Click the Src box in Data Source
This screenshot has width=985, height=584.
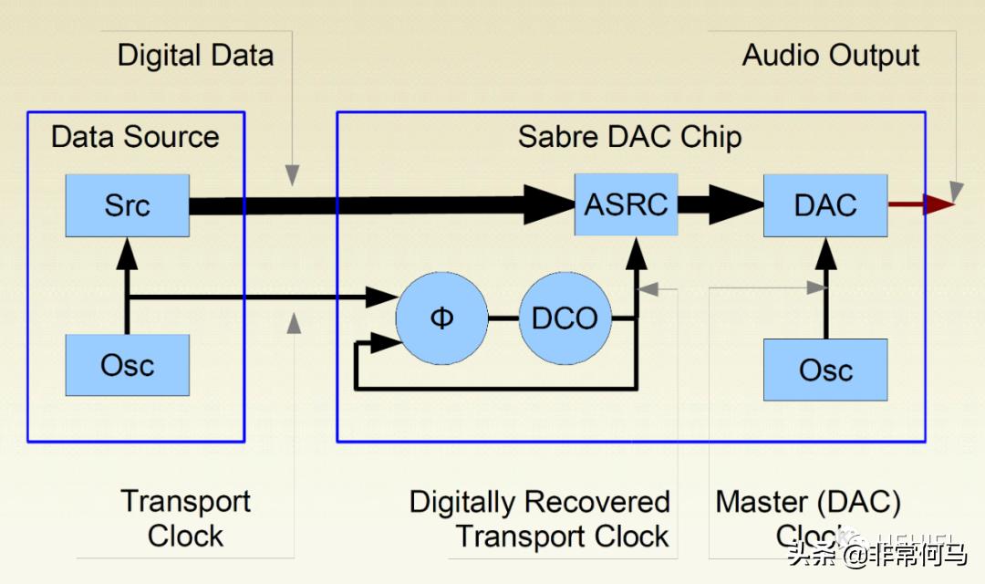pos(127,204)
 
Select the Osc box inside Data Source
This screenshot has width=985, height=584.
pos(127,365)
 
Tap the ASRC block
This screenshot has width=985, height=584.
pos(626,204)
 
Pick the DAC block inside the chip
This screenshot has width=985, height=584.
pos(824,204)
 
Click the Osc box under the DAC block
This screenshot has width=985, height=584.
pos(824,369)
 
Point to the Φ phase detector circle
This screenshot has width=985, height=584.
pos(441,318)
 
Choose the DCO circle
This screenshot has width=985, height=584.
pos(565,318)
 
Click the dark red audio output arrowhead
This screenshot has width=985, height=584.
pos(938,204)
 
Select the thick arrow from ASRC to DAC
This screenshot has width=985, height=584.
pos(721,204)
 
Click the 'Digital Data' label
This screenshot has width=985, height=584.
pos(195,55)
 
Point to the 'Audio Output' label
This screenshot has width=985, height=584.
pos(830,55)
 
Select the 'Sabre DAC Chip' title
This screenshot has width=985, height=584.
pos(629,137)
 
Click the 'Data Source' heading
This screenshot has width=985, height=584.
pos(135,137)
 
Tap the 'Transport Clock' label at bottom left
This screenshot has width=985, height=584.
pos(185,518)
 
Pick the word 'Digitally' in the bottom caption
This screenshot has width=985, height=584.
pos(464,502)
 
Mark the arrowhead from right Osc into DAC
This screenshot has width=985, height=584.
pos(825,251)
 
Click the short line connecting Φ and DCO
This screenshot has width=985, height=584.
pos(503,318)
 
